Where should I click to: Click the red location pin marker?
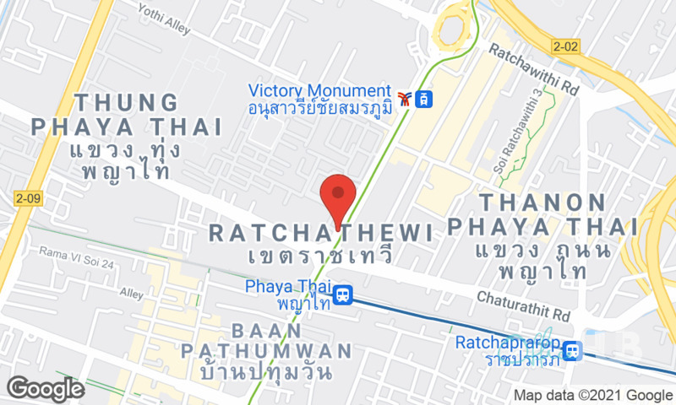[339, 196]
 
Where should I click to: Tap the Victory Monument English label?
[319, 91]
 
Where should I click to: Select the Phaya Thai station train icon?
[343, 295]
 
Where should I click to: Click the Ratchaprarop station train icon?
[574, 350]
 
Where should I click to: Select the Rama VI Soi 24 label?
[76, 256]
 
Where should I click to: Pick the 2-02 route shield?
[565, 46]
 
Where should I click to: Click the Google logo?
[44, 388]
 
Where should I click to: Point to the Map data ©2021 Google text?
[593, 395]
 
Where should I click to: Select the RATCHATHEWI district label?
[320, 232]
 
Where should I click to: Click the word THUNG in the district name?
[126, 103]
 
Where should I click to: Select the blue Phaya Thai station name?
[286, 287]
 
